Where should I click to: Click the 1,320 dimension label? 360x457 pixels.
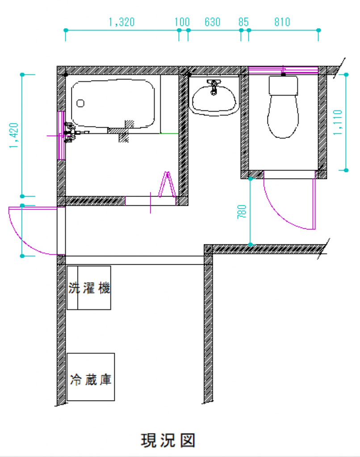121,22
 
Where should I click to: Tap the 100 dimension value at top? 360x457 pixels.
182,22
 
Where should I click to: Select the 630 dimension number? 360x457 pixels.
213,22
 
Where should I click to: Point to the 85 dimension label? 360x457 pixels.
243,22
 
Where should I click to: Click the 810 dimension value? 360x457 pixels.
282,22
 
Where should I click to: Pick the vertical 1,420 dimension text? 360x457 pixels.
14,135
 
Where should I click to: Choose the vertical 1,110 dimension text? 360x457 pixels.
338,122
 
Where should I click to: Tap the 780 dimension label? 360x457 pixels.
242,212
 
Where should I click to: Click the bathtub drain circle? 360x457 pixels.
80,103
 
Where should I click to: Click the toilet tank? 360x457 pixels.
283,85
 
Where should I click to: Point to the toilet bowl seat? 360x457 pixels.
283,116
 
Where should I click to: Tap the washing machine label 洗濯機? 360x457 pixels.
89,288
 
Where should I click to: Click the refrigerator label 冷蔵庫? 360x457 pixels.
91,379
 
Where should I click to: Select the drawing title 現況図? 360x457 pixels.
168,440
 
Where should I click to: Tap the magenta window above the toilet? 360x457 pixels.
283,70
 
